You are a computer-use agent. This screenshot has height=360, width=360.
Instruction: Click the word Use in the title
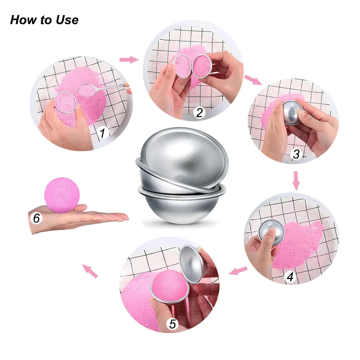[x=66, y=20]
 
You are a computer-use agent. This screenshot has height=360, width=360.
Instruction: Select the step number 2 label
[x=199, y=113]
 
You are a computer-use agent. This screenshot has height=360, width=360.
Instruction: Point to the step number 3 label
[x=296, y=154]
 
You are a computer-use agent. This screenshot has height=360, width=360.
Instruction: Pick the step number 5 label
[x=173, y=324]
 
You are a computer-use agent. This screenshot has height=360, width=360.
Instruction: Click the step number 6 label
[x=37, y=218]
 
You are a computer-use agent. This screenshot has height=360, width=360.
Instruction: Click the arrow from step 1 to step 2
[x=129, y=59]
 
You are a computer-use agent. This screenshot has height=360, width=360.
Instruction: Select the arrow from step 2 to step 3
[x=253, y=80]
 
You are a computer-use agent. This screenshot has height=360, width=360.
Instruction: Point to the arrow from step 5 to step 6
[x=90, y=271]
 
